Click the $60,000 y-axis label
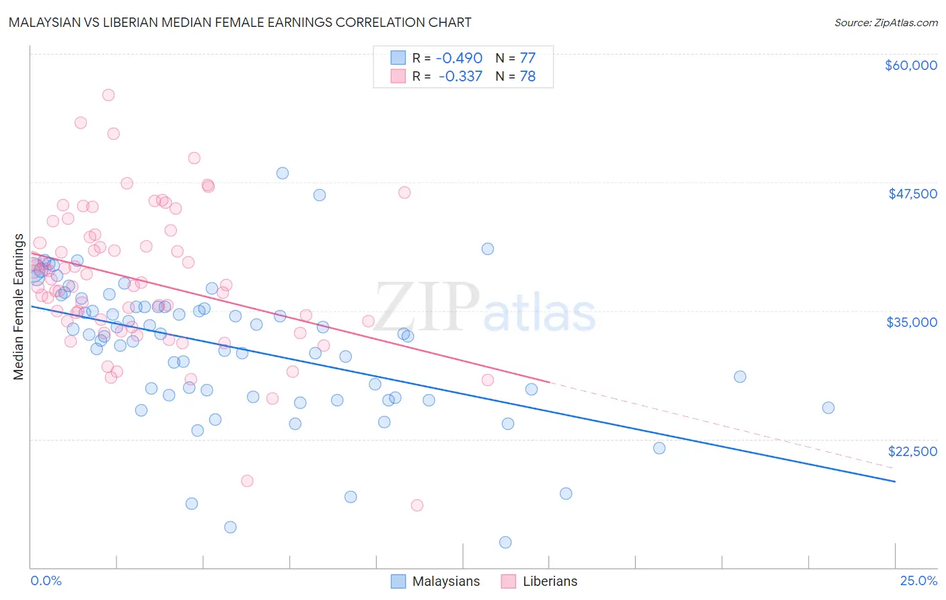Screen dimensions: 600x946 tap(910, 65)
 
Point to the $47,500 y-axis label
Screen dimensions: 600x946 tap(912, 194)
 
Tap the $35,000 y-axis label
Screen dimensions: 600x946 tap(912, 322)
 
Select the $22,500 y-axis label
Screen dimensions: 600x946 tap(912, 451)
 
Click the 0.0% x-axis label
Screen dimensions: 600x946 tap(46, 580)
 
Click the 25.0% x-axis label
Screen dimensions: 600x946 tap(918, 580)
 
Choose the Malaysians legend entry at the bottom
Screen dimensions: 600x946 tap(436, 581)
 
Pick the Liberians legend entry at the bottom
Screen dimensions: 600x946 tap(540, 581)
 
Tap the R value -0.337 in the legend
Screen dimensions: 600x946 tap(460, 77)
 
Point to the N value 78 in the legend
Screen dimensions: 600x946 tap(527, 77)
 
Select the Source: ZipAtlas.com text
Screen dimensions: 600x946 tap(885, 22)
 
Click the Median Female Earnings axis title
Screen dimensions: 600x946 tap(19, 307)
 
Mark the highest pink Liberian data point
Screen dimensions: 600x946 tap(108, 95)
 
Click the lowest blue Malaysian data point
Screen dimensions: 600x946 tap(505, 542)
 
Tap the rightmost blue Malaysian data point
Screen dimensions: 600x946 tap(828, 408)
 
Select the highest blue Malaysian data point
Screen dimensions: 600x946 tap(283, 173)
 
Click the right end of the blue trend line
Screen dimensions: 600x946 tap(895, 482)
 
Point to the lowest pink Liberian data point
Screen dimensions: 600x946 tap(417, 505)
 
